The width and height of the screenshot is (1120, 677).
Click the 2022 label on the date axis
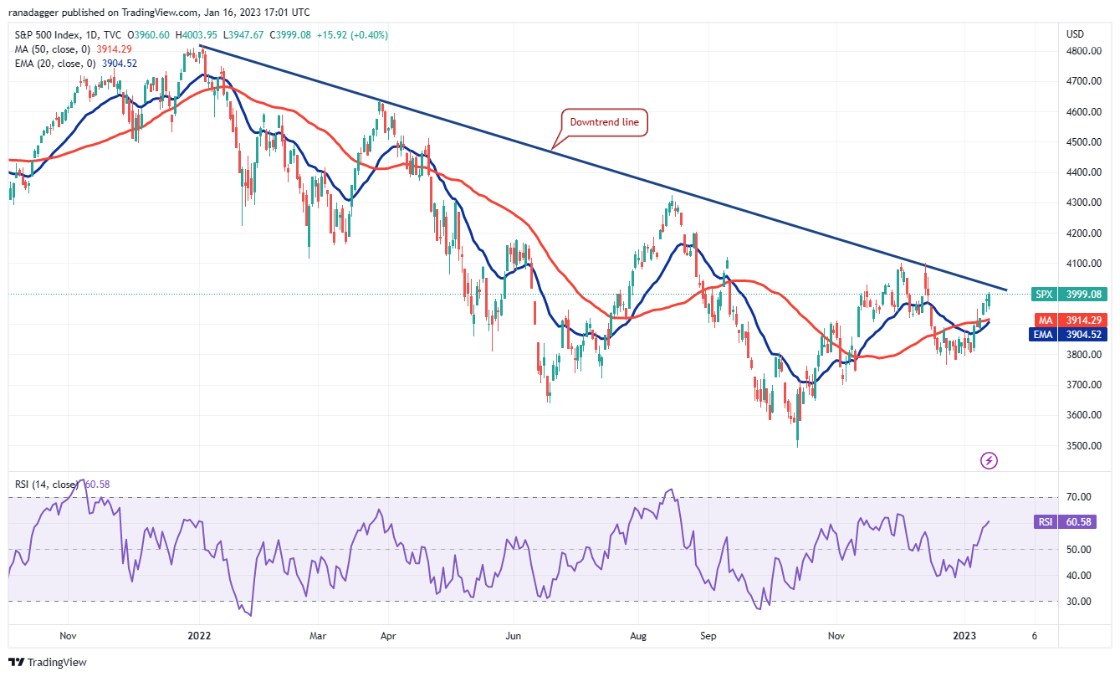pos(199,635)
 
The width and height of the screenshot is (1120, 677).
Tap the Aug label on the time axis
pos(638,635)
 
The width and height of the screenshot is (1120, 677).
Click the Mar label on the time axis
pos(319,635)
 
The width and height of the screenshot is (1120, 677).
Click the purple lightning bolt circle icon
pos(990,460)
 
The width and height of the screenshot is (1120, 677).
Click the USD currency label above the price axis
pos(1076,34)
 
